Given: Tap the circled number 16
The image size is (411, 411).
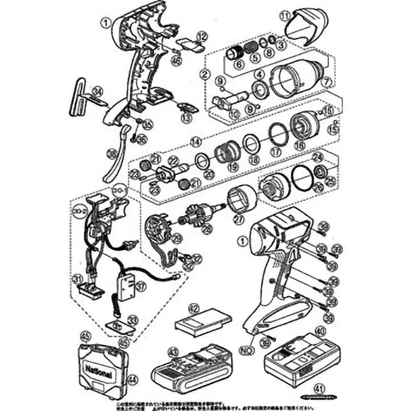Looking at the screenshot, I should [x=299, y=145].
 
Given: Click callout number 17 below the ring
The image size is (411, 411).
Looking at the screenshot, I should [x=276, y=152].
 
